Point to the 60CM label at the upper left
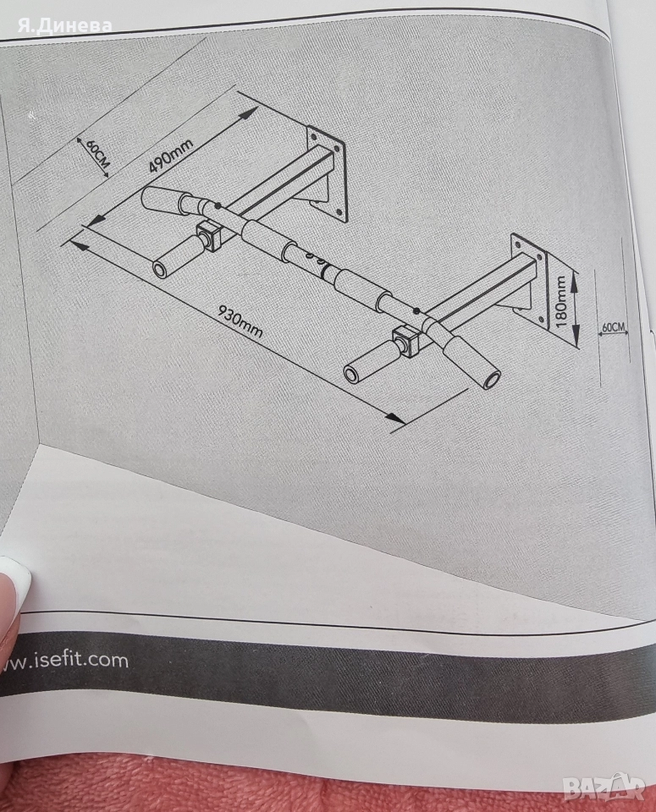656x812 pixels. (96, 153)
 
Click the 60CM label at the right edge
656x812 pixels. (614, 327)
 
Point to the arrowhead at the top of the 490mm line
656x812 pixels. (249, 113)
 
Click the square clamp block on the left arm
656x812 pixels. (209, 236)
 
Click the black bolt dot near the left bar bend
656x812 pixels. (217, 206)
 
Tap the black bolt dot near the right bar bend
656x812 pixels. (416, 311)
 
